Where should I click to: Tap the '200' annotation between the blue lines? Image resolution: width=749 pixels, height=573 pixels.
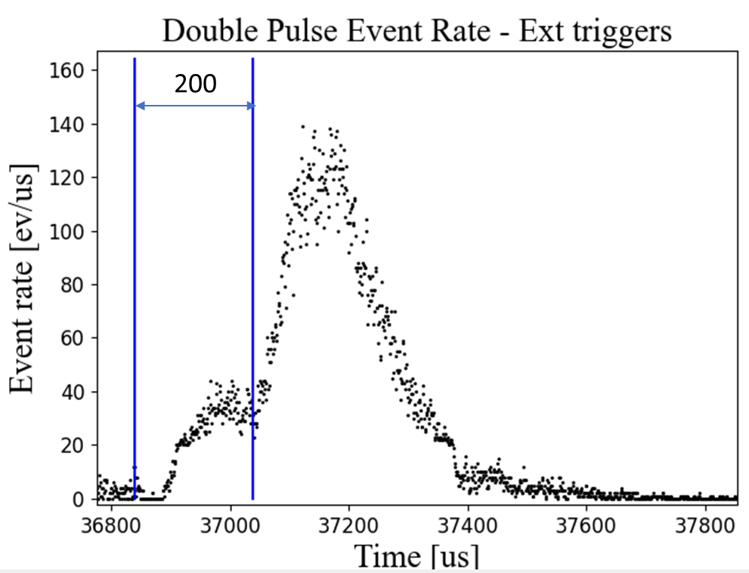195,84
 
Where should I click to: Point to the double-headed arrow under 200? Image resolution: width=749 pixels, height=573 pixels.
193,106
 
